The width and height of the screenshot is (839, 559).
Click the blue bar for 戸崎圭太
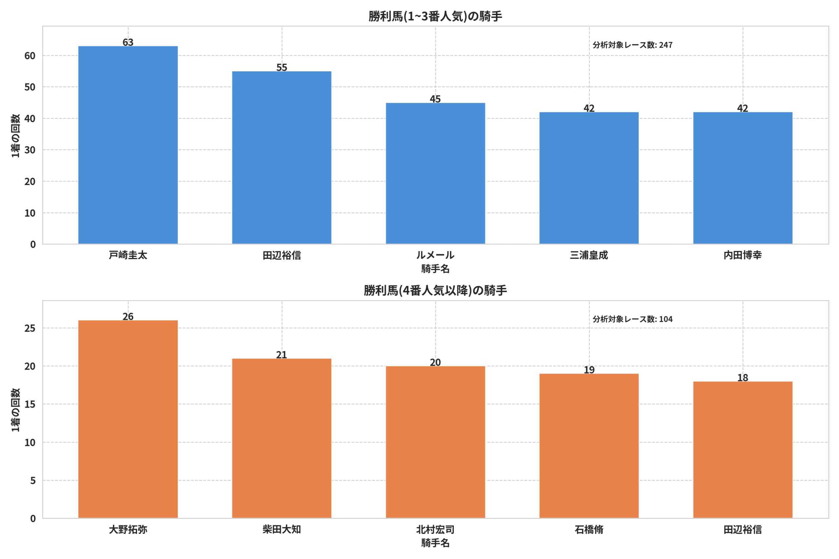[128, 145]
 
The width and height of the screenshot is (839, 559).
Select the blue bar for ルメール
[435, 174]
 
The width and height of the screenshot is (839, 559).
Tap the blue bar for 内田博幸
[743, 178]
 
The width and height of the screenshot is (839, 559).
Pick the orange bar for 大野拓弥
[128, 419]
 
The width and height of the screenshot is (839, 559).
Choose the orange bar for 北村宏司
[435, 442]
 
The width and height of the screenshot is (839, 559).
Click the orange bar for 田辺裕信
[743, 450]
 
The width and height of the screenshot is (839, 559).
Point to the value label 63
[128, 42]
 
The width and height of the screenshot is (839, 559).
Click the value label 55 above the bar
[282, 67]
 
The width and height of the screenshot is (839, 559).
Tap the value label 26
[128, 316]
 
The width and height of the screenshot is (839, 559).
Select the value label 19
[589, 370]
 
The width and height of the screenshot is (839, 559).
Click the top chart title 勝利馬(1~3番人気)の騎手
[435, 16]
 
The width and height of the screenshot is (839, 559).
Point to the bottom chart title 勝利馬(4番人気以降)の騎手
[435, 290]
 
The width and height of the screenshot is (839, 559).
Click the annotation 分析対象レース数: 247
[633, 45]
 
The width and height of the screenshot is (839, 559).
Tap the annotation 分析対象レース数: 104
[633, 319]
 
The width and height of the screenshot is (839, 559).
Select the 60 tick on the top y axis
[30, 56]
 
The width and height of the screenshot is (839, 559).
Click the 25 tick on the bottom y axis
[30, 328]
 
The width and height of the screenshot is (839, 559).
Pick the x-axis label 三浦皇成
[589, 255]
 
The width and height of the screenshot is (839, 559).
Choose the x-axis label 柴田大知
[282, 530]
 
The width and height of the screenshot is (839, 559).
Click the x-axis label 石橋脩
[589, 530]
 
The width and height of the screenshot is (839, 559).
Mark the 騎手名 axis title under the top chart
[435, 269]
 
